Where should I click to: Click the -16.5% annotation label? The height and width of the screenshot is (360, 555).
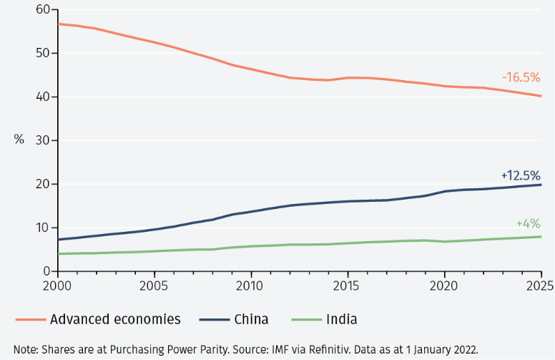521,77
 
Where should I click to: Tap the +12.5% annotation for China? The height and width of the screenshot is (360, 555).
520,175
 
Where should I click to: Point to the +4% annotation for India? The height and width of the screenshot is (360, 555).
528,223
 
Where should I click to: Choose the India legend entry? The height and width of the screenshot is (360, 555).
338,319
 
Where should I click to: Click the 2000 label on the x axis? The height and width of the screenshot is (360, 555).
58,285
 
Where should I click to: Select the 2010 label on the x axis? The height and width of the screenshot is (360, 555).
250,285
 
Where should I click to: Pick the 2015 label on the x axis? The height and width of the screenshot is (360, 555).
347,285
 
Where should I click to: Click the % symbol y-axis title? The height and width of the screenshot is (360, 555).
19,139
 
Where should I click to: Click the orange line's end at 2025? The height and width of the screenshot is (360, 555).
540,96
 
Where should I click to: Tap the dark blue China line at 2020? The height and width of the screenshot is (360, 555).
443,191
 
